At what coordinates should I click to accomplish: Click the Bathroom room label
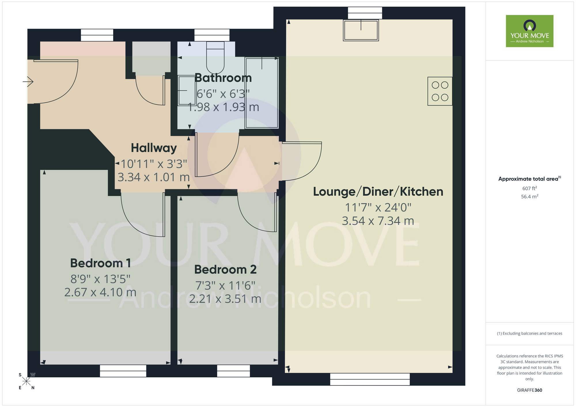(x=223, y=78)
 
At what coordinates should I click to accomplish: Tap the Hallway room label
(x=154, y=148)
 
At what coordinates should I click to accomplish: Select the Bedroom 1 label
(x=101, y=263)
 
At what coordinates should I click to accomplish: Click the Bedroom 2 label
(x=225, y=270)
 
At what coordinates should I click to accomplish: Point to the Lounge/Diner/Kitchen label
(x=378, y=192)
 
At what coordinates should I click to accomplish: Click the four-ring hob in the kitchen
(x=440, y=91)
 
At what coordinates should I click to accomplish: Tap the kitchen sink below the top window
(x=361, y=30)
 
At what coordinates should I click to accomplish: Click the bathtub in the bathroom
(x=262, y=93)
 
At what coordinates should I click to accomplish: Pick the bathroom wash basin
(x=186, y=90)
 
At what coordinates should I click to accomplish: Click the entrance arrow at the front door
(x=28, y=82)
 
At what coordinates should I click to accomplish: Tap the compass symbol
(x=26, y=381)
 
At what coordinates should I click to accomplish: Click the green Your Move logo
(x=529, y=31)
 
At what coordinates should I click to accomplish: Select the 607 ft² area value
(x=529, y=189)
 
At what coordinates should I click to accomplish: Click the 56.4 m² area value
(x=529, y=197)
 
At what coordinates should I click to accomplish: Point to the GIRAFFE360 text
(x=529, y=390)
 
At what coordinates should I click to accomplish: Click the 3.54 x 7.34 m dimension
(x=378, y=221)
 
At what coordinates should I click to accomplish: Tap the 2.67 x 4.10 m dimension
(x=101, y=292)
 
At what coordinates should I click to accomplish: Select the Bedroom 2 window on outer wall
(x=233, y=371)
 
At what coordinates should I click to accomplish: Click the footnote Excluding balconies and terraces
(x=529, y=334)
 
